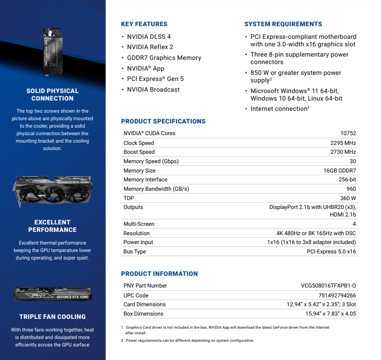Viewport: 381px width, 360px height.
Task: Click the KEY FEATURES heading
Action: [x=144, y=24]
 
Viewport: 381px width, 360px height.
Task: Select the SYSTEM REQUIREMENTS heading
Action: [x=283, y=24]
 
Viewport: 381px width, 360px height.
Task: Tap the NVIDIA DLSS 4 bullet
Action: [x=149, y=36]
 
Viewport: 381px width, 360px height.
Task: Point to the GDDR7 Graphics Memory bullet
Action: [x=164, y=58]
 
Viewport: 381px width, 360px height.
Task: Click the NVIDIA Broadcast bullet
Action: [x=153, y=89]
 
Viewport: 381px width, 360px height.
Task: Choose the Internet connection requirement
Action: [x=280, y=109]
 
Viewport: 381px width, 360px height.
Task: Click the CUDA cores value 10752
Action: [x=348, y=133]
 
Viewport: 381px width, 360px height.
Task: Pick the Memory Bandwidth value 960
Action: [x=351, y=189]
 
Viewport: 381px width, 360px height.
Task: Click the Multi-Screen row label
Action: [x=139, y=224]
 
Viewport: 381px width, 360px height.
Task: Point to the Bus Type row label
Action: [x=135, y=252]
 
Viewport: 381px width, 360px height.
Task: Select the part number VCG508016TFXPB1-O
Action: [x=329, y=286]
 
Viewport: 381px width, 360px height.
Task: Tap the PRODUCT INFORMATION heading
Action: [x=159, y=274]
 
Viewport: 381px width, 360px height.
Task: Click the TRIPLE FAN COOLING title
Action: [x=52, y=317]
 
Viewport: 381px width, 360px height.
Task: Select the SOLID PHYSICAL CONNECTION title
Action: [x=52, y=94]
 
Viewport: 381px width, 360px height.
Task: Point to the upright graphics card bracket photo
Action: [x=52, y=51]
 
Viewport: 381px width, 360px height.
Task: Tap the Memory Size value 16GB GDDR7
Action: [x=340, y=171]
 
